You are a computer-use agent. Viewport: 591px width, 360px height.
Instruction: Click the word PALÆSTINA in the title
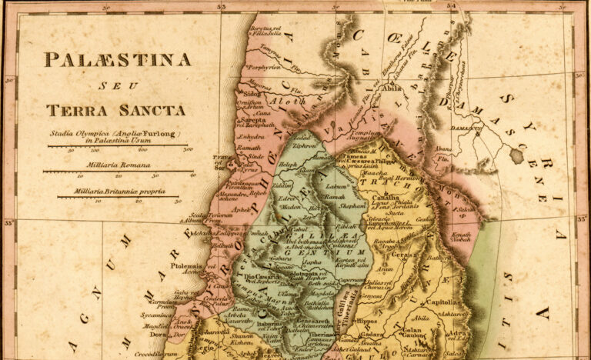[117, 59]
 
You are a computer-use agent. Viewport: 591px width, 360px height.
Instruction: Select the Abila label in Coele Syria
[392, 88]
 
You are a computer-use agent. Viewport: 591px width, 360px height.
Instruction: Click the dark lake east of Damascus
[516, 156]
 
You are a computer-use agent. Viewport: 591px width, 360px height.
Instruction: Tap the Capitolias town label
[447, 302]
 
